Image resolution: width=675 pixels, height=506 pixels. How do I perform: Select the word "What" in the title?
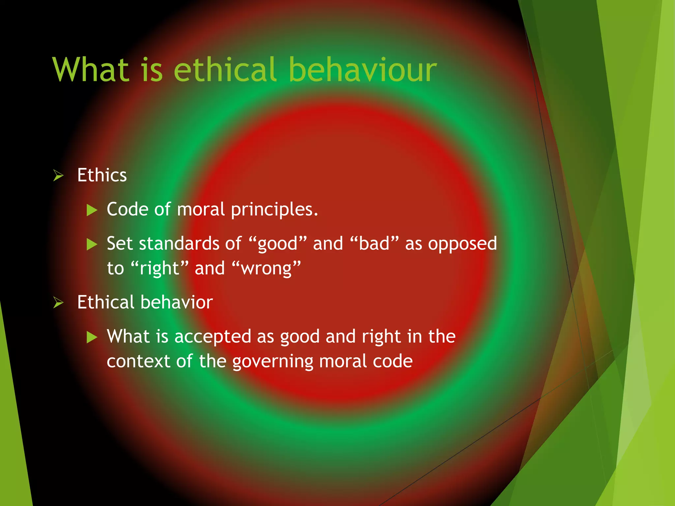pyautogui.click(x=91, y=70)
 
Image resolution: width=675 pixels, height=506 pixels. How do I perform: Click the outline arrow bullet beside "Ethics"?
pyautogui.click(x=58, y=176)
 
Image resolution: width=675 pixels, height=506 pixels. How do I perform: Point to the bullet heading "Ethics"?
pyautogui.click(x=102, y=175)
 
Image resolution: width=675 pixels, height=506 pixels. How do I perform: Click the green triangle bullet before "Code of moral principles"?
pyautogui.click(x=92, y=210)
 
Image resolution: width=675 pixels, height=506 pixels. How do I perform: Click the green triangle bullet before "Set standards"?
pyautogui.click(x=92, y=244)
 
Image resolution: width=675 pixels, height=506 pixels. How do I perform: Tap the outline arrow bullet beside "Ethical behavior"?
pyautogui.click(x=58, y=302)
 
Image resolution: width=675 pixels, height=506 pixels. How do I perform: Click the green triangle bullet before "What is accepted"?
pyautogui.click(x=92, y=337)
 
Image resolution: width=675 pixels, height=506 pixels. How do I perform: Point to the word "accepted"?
pyautogui.click(x=213, y=337)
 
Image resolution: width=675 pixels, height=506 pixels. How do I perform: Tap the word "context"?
pyautogui.click(x=138, y=361)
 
